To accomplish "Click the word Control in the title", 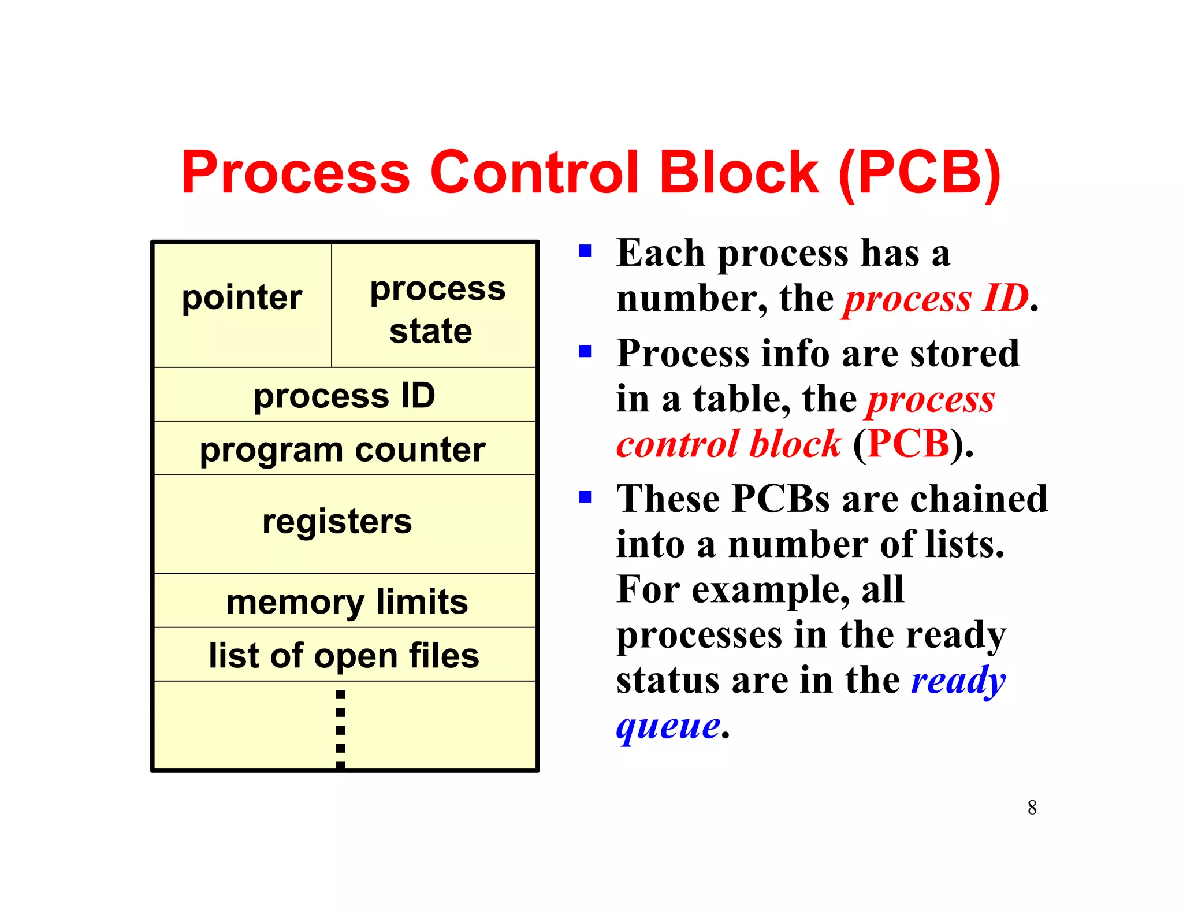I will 535,172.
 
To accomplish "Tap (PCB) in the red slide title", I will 920,172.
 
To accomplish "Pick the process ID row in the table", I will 344,396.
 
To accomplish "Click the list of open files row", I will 344,656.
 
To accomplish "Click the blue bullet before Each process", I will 585,251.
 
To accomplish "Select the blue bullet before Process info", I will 585,351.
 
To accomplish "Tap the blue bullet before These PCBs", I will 585,497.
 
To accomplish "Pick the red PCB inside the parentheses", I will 909,444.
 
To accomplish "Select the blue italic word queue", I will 668,726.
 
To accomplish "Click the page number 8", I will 1032,808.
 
